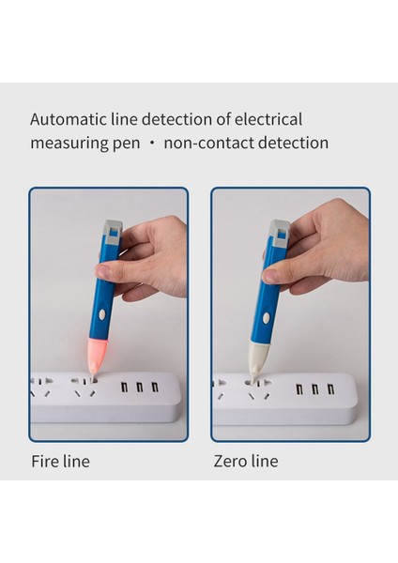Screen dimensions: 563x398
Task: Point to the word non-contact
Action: pyautogui.click(x=208, y=144)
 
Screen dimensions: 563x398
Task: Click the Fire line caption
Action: pyautogui.click(x=60, y=462)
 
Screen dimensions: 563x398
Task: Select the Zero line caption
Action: pyautogui.click(x=246, y=462)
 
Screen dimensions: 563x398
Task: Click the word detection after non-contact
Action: pyautogui.click(x=290, y=144)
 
